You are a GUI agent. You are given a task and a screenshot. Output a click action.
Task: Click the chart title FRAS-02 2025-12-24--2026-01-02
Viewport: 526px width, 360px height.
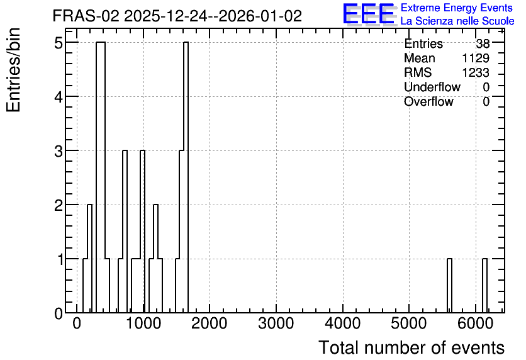click(x=177, y=16)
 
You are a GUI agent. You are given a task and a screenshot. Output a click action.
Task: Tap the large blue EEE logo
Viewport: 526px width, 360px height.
click(x=369, y=14)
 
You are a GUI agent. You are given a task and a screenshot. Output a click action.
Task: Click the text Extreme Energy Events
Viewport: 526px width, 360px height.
click(x=457, y=8)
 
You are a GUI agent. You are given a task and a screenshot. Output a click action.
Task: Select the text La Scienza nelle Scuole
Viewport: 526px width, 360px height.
click(x=457, y=21)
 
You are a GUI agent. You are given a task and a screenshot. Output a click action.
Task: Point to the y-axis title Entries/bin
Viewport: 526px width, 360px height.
click(x=13, y=70)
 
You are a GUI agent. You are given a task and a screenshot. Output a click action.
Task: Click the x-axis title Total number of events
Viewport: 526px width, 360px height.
click(x=411, y=347)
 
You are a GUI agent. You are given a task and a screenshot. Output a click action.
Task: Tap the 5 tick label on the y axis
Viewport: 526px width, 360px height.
click(x=59, y=43)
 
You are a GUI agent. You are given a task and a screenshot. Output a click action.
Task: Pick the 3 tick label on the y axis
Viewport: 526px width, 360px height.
click(x=59, y=151)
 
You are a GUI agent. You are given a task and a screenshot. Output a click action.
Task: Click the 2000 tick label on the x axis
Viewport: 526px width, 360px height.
click(x=210, y=323)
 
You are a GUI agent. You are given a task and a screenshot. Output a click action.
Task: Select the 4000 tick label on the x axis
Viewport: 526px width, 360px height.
click(x=342, y=323)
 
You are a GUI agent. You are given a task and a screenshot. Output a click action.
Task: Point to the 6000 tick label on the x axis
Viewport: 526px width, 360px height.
click(x=475, y=323)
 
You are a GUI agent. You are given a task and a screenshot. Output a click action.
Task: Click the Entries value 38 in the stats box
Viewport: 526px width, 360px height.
click(x=483, y=43)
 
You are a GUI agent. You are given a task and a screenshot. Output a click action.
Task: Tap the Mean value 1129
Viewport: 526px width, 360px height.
click(x=476, y=58)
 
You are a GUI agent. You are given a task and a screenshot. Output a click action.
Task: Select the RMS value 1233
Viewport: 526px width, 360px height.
click(x=476, y=72)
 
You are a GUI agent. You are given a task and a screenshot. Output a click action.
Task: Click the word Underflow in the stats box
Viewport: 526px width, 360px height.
click(x=432, y=87)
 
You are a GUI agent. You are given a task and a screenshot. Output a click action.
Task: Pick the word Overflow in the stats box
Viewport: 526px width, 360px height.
click(x=428, y=101)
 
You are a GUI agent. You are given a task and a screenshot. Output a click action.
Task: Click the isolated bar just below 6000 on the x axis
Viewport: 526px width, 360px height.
click(x=484, y=286)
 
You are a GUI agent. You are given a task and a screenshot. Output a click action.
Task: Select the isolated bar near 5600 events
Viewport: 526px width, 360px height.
click(x=449, y=286)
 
